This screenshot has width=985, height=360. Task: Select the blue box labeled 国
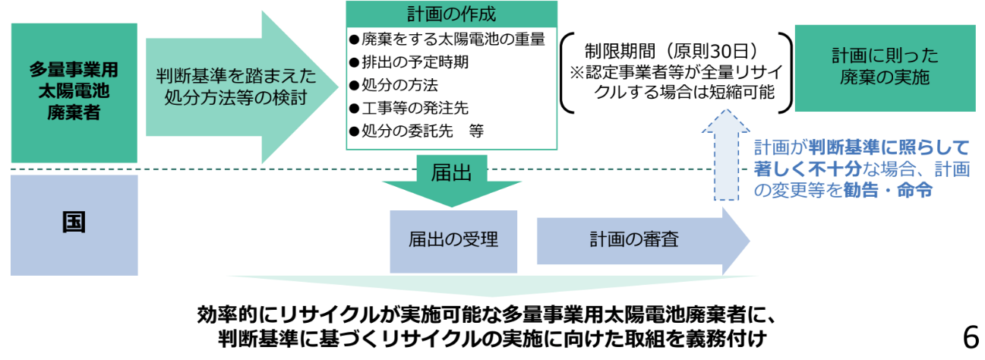[74, 223]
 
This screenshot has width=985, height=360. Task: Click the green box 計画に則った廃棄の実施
[884, 68]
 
